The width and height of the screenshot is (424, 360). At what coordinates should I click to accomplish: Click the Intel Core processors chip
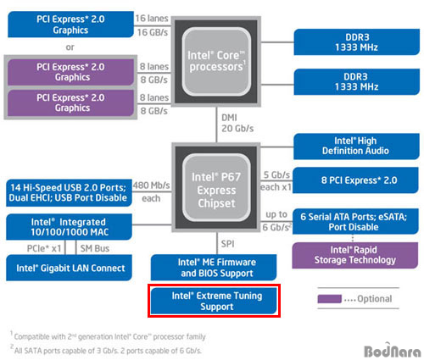(x=216, y=62)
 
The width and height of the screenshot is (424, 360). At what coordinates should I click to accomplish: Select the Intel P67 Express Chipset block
(x=216, y=187)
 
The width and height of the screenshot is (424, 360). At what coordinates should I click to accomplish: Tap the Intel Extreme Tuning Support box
(x=214, y=301)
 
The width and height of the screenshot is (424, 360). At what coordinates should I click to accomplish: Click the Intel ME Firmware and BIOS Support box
(x=214, y=268)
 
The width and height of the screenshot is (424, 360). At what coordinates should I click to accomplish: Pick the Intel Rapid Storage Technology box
(x=355, y=255)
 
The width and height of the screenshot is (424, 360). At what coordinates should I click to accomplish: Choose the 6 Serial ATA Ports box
(x=355, y=222)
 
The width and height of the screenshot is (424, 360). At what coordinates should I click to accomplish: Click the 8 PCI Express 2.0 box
(x=355, y=180)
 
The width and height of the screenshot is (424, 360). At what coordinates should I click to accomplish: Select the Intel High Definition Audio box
(x=356, y=147)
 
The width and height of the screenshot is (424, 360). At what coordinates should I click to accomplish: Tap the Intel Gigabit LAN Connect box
(x=69, y=268)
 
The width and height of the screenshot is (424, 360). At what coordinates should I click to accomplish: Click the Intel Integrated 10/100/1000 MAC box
(x=69, y=227)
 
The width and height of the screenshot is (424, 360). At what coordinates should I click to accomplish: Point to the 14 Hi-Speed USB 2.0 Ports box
(x=69, y=192)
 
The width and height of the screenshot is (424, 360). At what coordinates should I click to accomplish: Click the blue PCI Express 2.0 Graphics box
(x=70, y=25)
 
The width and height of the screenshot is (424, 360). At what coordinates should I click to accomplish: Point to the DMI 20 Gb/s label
(x=237, y=123)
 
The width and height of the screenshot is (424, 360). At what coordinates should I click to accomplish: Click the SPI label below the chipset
(x=228, y=244)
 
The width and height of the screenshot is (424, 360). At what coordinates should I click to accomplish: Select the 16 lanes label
(x=152, y=19)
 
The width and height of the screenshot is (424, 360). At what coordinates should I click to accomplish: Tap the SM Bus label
(x=95, y=248)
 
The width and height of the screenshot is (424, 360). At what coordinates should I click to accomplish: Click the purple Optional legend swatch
(x=330, y=299)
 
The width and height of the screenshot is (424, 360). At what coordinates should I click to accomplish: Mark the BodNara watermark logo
(x=393, y=351)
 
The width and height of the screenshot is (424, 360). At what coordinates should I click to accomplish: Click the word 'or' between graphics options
(x=70, y=47)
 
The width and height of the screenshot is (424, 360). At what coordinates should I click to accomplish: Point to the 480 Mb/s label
(x=152, y=186)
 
